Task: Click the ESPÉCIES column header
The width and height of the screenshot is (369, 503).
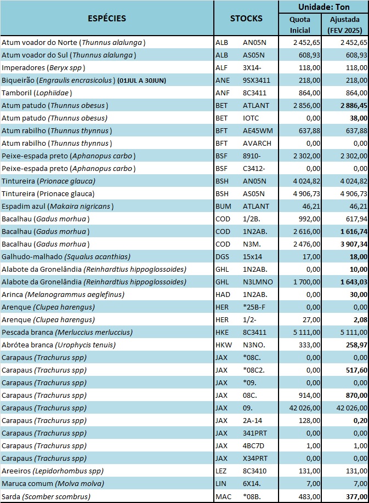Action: coord(107,18)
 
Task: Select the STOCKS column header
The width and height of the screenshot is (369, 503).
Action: coord(246,18)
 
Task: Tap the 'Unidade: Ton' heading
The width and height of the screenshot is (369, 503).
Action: coord(323,7)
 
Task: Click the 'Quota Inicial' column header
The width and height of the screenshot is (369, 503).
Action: coord(300,25)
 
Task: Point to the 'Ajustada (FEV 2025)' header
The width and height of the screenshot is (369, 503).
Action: coord(345,25)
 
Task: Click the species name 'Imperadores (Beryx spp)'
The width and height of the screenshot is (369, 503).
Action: coord(43,68)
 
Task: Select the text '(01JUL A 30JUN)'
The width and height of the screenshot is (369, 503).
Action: coord(142,81)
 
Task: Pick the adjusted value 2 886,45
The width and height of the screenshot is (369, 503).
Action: coord(354,106)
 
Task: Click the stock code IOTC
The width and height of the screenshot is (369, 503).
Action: coord(251,118)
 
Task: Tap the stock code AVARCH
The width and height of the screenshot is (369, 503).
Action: coord(257,144)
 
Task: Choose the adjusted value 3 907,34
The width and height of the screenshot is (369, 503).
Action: coord(354,244)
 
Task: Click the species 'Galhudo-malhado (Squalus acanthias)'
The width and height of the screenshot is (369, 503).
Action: coord(66,256)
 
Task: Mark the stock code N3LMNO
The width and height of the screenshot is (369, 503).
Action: coord(258,282)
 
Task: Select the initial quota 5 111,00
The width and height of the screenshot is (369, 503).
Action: coord(306,333)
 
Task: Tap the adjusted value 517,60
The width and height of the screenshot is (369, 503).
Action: coord(356,370)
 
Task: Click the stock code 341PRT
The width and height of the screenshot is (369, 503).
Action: coord(255,433)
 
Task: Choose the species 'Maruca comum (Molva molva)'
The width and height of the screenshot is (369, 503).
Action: coord(53,483)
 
